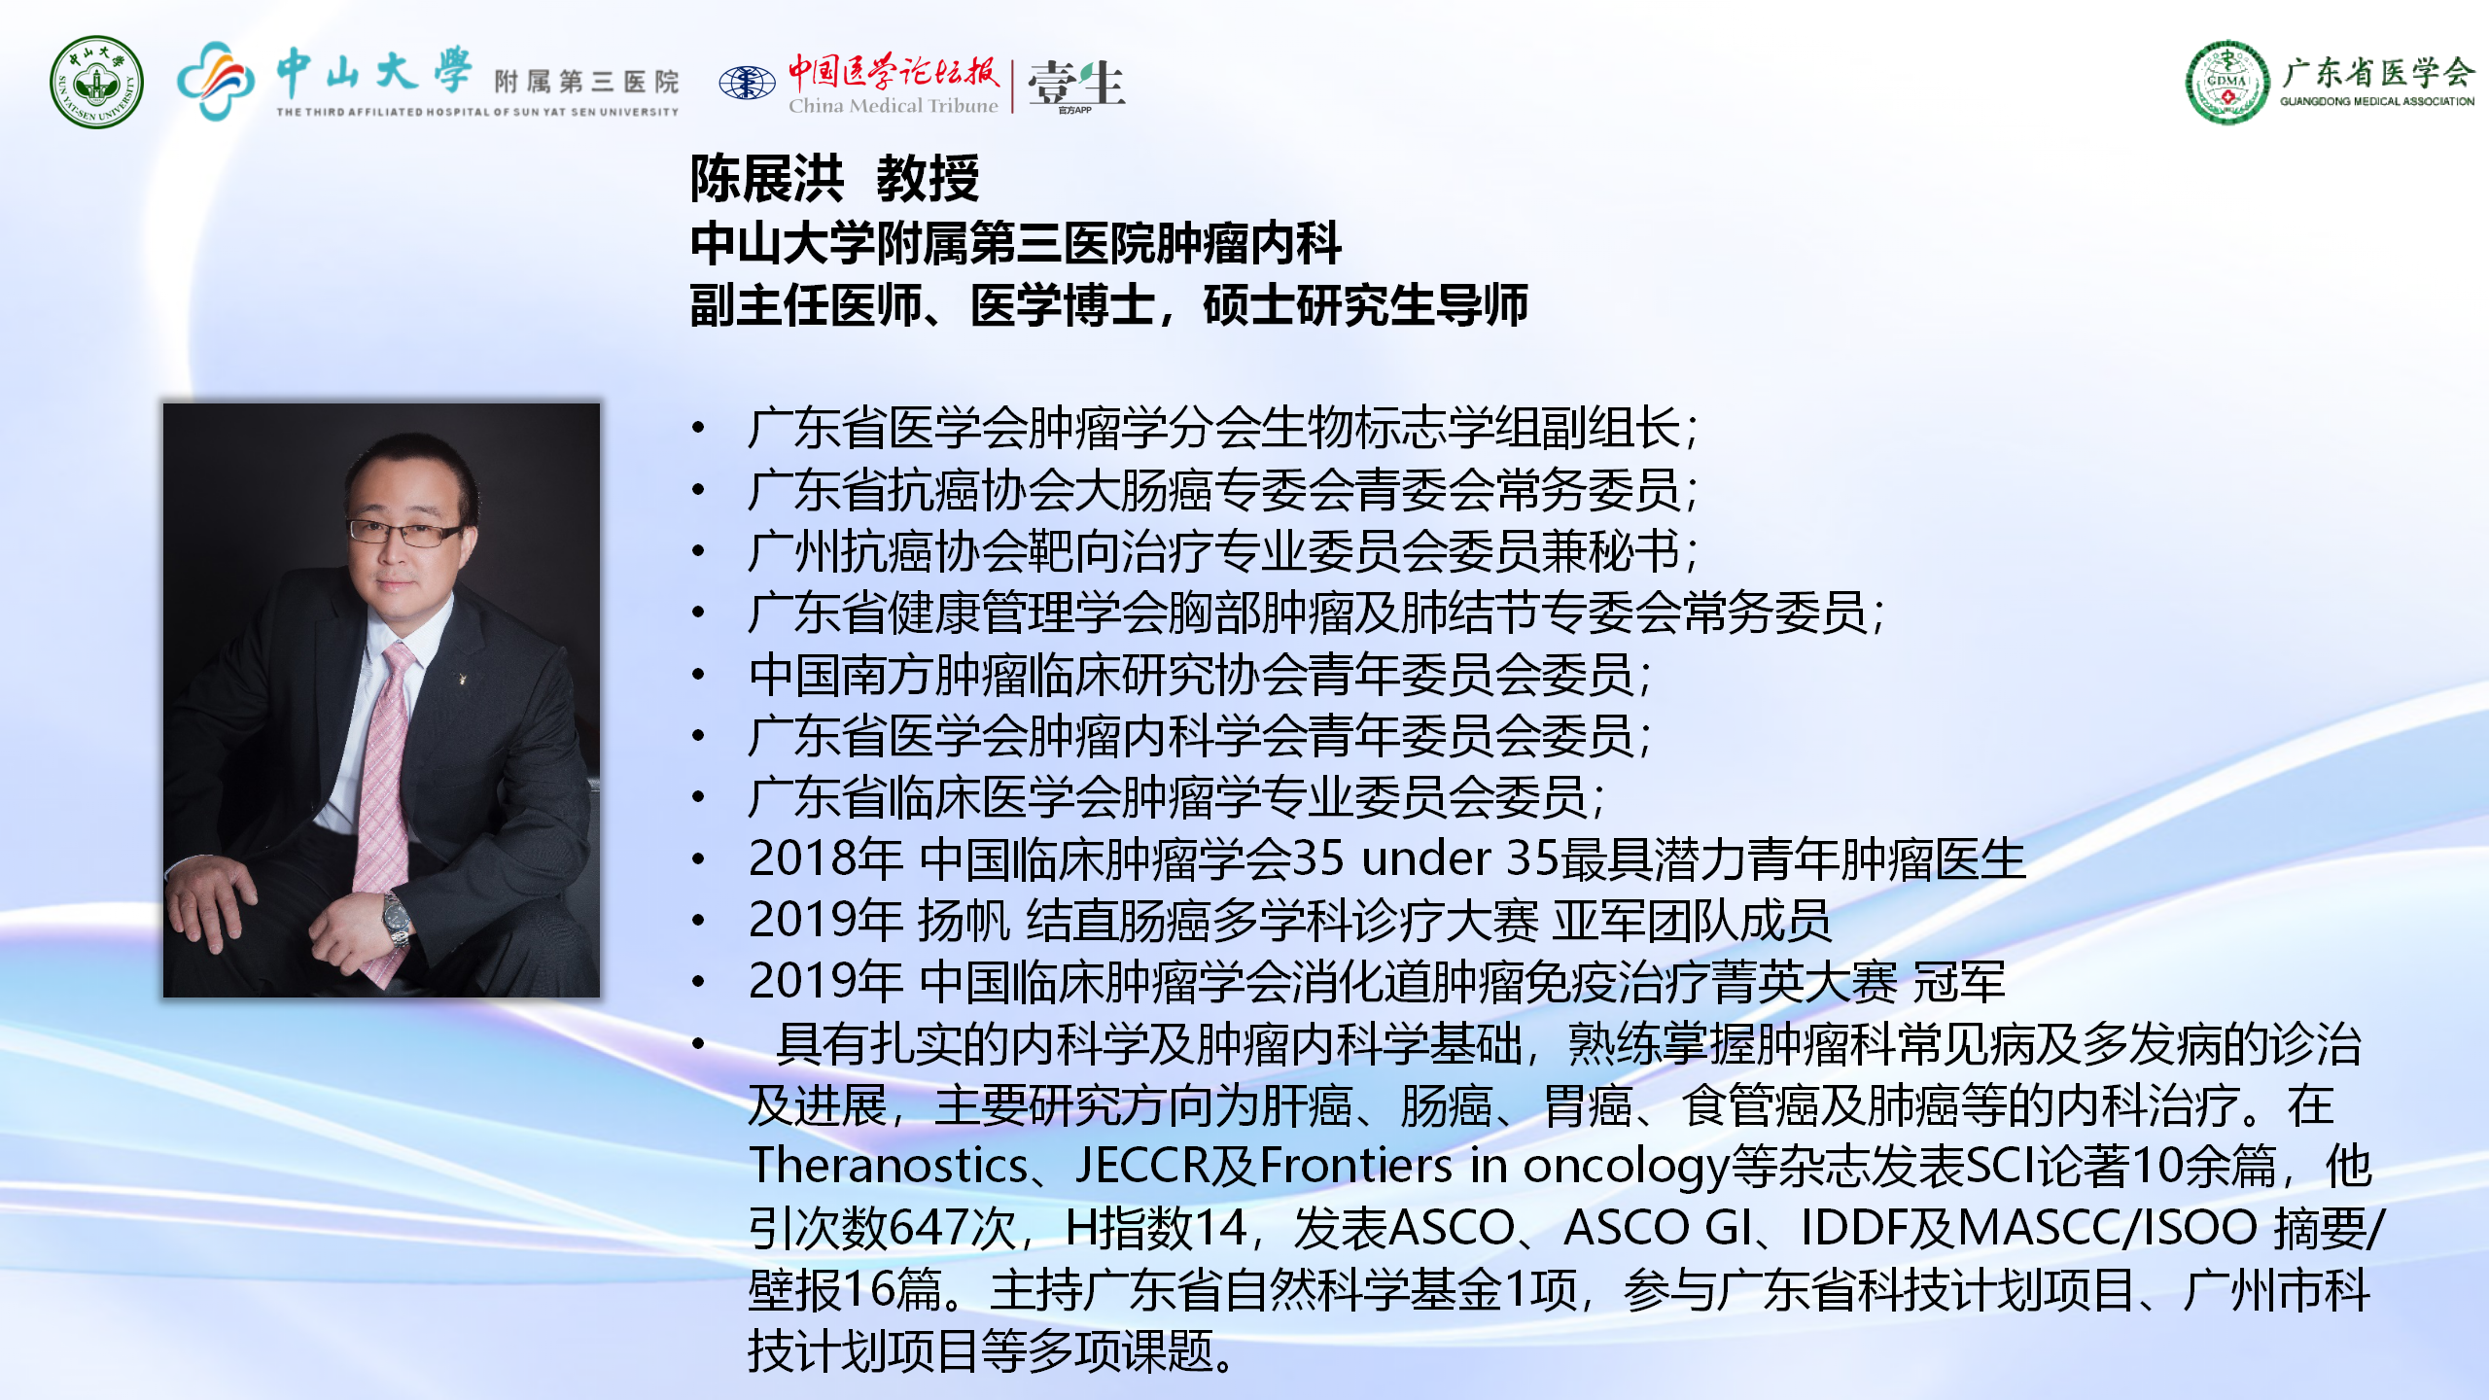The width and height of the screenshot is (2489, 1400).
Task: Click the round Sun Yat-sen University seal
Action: pyautogui.click(x=96, y=82)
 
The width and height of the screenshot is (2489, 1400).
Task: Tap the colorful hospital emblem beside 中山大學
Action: pyautogui.click(x=216, y=81)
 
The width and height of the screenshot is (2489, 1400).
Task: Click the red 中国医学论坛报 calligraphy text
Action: pyautogui.click(x=893, y=71)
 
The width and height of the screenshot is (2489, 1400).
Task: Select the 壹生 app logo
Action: pyautogui.click(x=1076, y=85)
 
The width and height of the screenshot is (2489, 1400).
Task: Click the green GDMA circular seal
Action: pyautogui.click(x=2227, y=82)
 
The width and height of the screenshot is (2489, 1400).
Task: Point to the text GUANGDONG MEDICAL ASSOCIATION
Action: pyautogui.click(x=2377, y=101)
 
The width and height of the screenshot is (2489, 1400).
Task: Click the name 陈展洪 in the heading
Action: pyautogui.click(x=767, y=179)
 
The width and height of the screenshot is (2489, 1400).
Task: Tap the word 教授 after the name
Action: pyautogui.click(x=928, y=179)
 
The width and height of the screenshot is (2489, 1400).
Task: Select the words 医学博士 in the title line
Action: pyautogui.click(x=1063, y=305)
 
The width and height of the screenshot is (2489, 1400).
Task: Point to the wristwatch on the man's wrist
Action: pyautogui.click(x=396, y=919)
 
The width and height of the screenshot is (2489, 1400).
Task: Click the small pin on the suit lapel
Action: pyautogui.click(x=461, y=678)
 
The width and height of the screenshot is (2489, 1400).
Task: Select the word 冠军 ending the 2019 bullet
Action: pyautogui.click(x=1959, y=982)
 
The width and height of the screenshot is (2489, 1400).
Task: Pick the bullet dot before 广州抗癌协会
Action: pyautogui.click(x=698, y=551)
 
